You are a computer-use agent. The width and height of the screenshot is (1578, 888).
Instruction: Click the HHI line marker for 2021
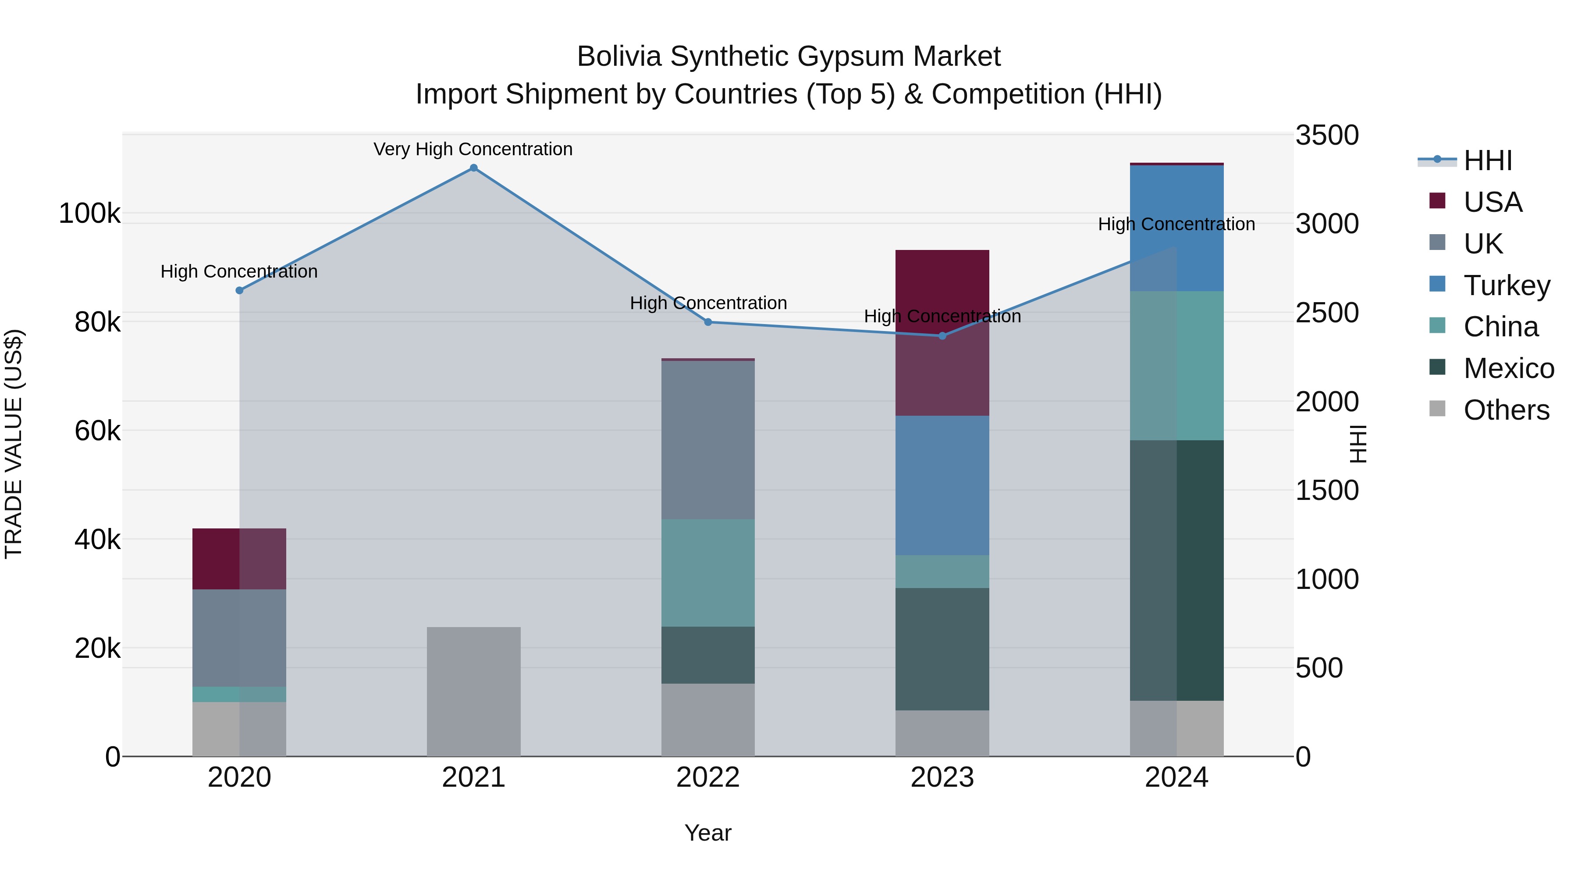coord(473,168)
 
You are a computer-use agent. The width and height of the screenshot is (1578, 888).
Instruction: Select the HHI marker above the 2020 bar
coord(239,290)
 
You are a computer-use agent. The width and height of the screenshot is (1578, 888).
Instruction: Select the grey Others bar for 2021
coord(473,691)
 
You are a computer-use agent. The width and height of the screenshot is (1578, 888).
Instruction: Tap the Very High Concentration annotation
coord(473,150)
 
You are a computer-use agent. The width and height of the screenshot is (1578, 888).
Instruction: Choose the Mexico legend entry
coord(1508,368)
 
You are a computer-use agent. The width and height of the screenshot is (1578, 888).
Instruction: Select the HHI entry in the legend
coord(1487,160)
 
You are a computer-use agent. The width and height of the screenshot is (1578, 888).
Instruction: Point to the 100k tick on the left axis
coord(89,214)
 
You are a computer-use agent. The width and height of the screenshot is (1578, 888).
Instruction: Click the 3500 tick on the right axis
coord(1327,136)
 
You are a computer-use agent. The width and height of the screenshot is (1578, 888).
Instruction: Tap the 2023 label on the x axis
coord(942,777)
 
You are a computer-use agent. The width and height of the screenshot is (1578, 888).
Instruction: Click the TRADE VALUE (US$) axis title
coord(14,444)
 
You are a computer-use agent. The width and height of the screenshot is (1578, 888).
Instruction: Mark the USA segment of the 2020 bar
coord(239,558)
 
